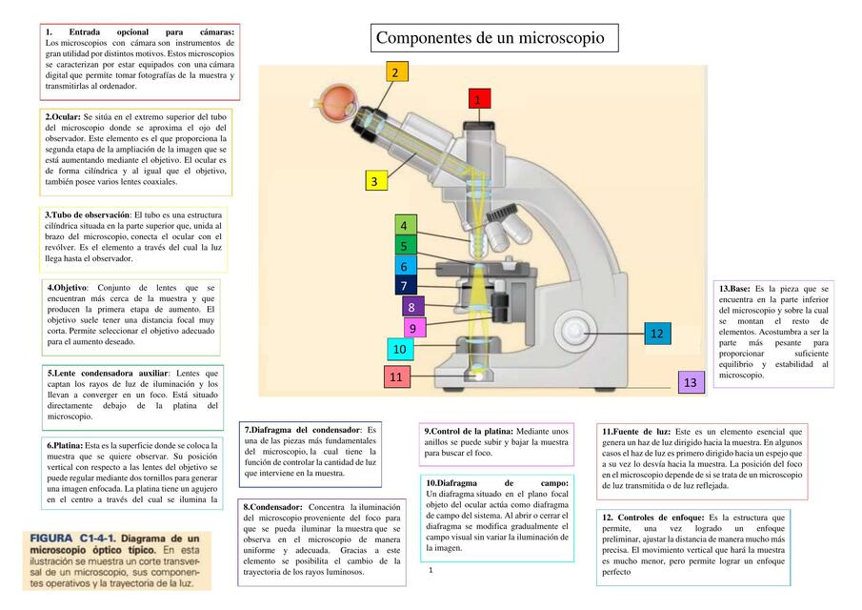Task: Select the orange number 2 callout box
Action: click(396, 71)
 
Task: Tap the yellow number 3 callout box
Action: click(375, 180)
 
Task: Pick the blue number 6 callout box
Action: click(404, 267)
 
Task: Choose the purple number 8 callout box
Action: click(411, 307)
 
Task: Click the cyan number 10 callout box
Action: click(399, 349)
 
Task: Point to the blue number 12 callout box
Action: click(656, 333)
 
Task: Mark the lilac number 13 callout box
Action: click(691, 382)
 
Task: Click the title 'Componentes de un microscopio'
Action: click(491, 38)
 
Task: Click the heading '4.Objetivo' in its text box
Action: click(68, 287)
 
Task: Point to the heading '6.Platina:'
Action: click(65, 445)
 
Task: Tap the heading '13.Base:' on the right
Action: click(734, 288)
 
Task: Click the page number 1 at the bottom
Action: click(431, 570)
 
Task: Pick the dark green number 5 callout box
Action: click(404, 246)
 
